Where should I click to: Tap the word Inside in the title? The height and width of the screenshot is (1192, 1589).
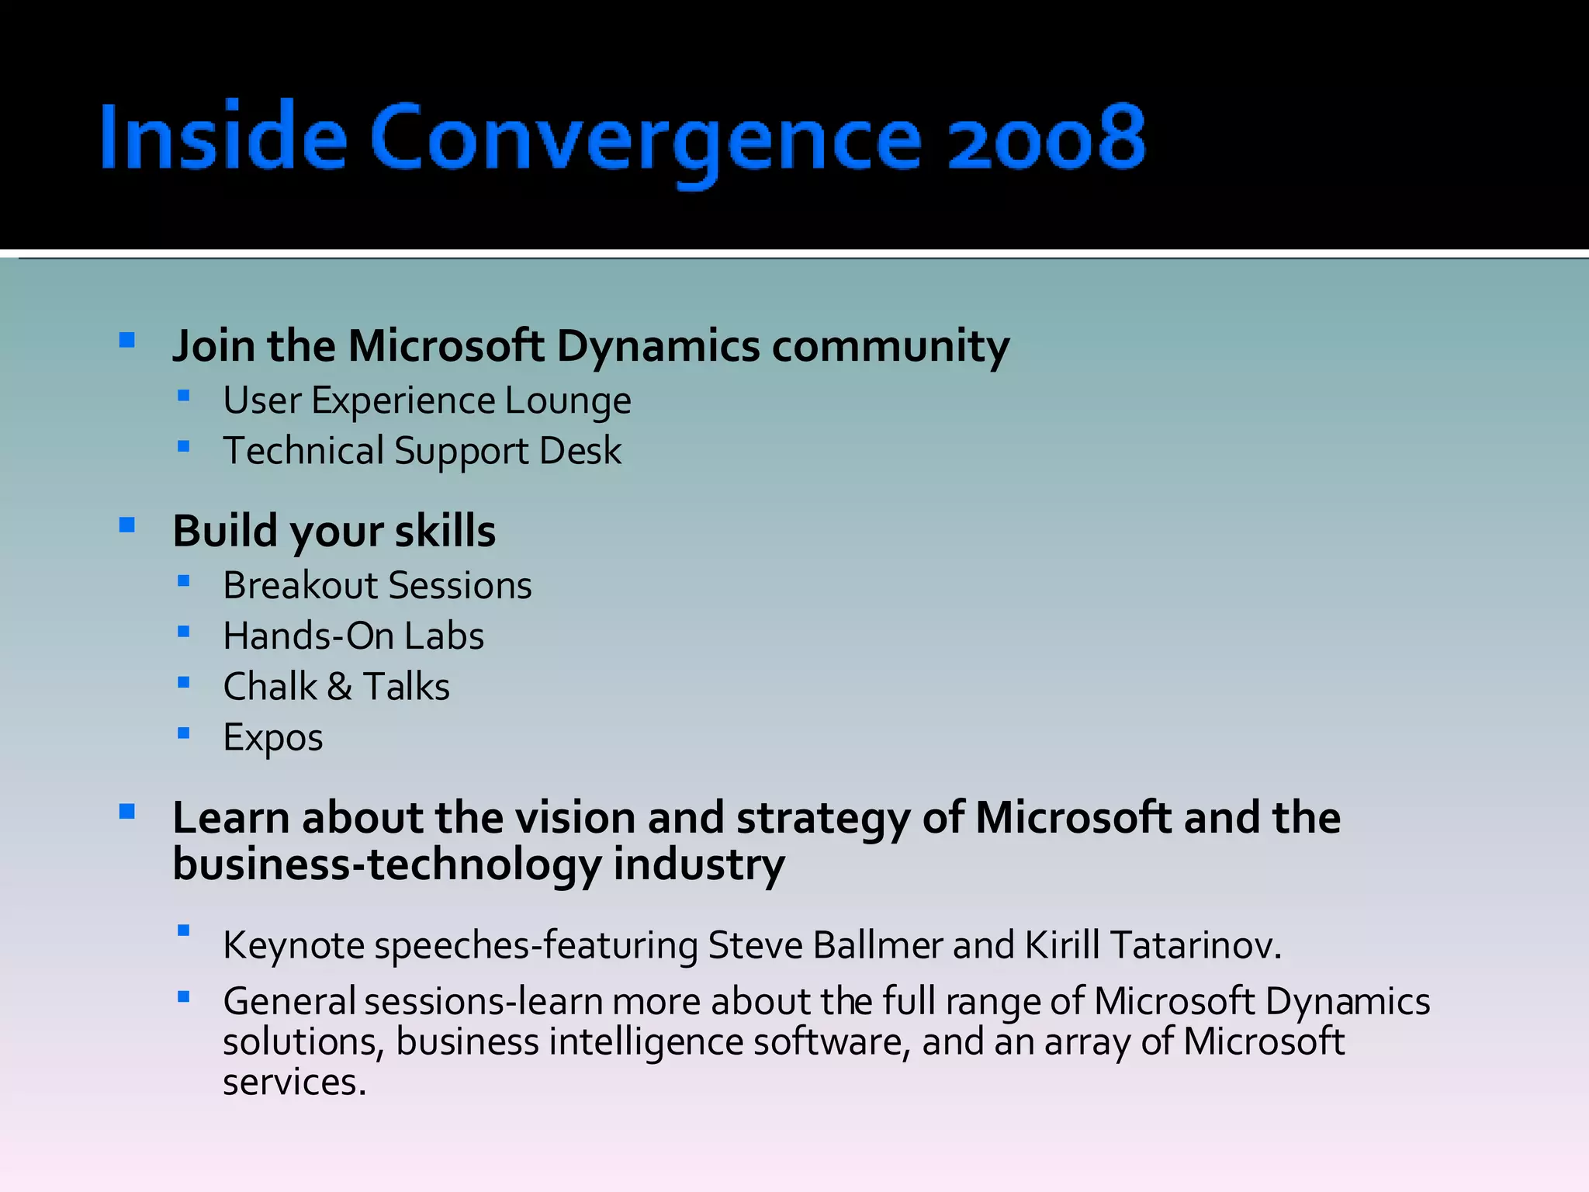coord(223,138)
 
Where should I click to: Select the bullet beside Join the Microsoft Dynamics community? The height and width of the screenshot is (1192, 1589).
coord(127,340)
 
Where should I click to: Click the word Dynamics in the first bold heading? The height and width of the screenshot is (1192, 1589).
coord(658,346)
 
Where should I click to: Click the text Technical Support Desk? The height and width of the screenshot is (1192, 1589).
coord(422,452)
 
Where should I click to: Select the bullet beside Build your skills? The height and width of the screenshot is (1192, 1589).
coord(127,525)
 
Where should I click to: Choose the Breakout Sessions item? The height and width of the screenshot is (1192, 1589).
coord(377,586)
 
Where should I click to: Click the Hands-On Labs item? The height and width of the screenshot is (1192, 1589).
coord(353,636)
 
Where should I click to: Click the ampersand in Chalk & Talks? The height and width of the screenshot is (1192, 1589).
coord(339,687)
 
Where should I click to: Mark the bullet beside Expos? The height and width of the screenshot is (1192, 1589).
coord(183,733)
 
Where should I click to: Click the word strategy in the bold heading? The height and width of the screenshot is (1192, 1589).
coord(822,819)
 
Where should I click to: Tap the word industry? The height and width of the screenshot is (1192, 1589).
coord(698,865)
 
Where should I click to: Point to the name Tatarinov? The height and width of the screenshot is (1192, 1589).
coord(1193,946)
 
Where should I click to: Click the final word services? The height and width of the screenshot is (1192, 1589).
coord(293,1083)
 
